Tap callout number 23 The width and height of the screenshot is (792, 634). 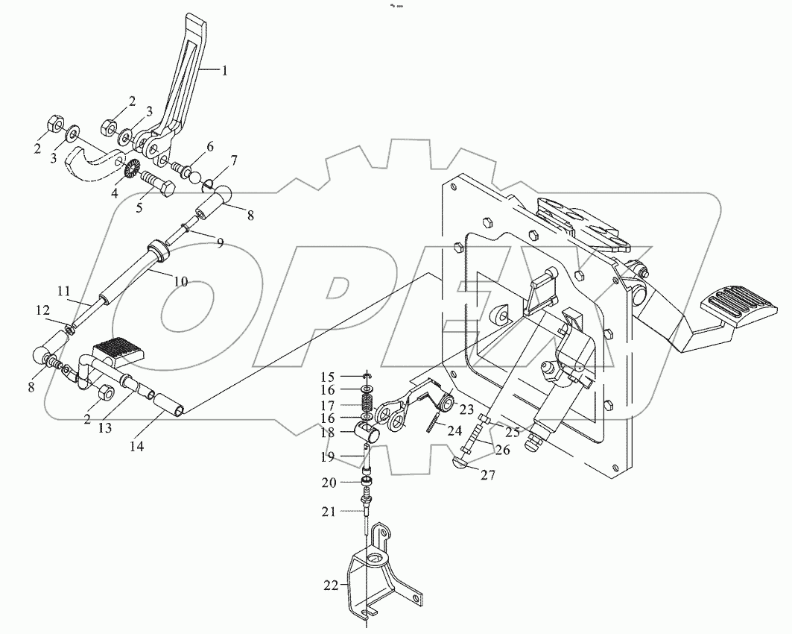click(x=467, y=409)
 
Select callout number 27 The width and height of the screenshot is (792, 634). click(x=487, y=474)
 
